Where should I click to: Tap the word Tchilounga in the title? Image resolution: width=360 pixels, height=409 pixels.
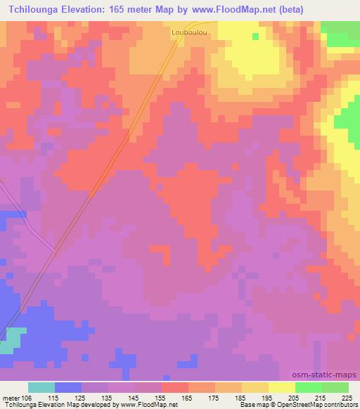click(x=34, y=8)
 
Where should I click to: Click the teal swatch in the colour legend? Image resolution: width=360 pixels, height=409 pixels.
click(x=41, y=387)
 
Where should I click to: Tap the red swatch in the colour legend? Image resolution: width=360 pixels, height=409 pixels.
click(x=174, y=387)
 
